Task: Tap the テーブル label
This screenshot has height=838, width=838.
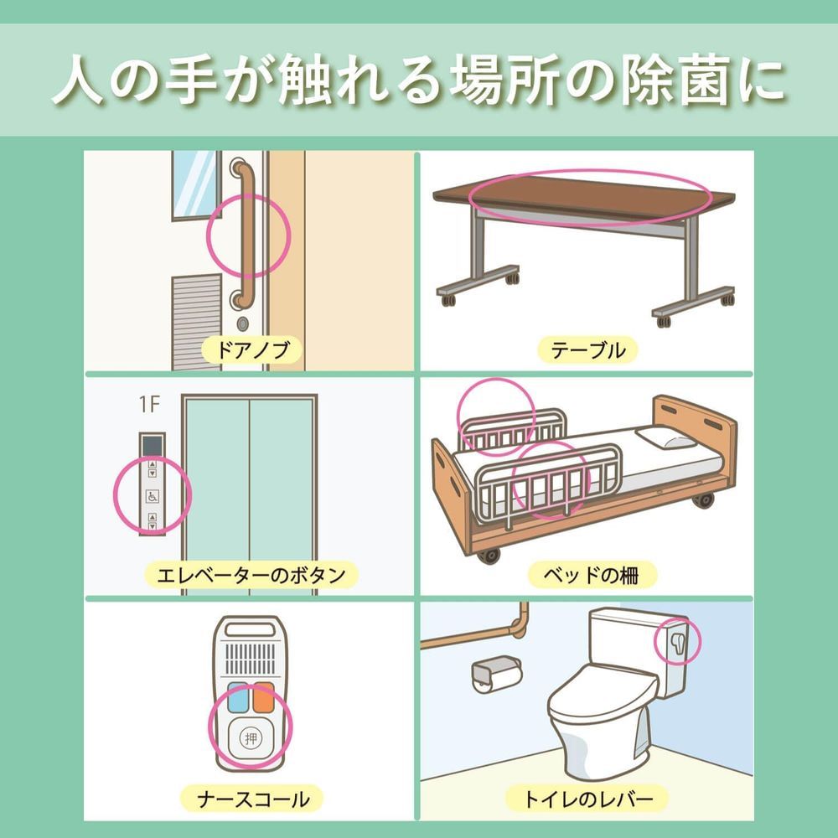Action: [587, 350]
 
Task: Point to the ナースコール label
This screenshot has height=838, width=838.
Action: [251, 799]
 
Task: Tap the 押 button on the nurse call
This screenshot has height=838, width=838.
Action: [250, 738]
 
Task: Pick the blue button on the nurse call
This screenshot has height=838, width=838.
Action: [235, 696]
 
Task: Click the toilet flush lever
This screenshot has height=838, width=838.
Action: [676, 643]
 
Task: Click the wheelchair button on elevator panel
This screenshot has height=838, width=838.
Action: [153, 496]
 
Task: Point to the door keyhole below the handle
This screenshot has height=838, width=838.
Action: [243, 322]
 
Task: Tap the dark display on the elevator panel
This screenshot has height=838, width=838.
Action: [152, 445]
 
